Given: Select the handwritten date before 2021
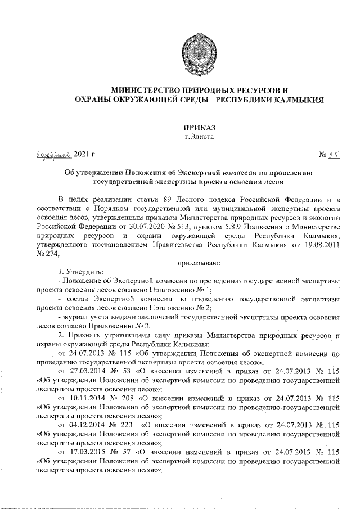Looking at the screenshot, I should point(49,154).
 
